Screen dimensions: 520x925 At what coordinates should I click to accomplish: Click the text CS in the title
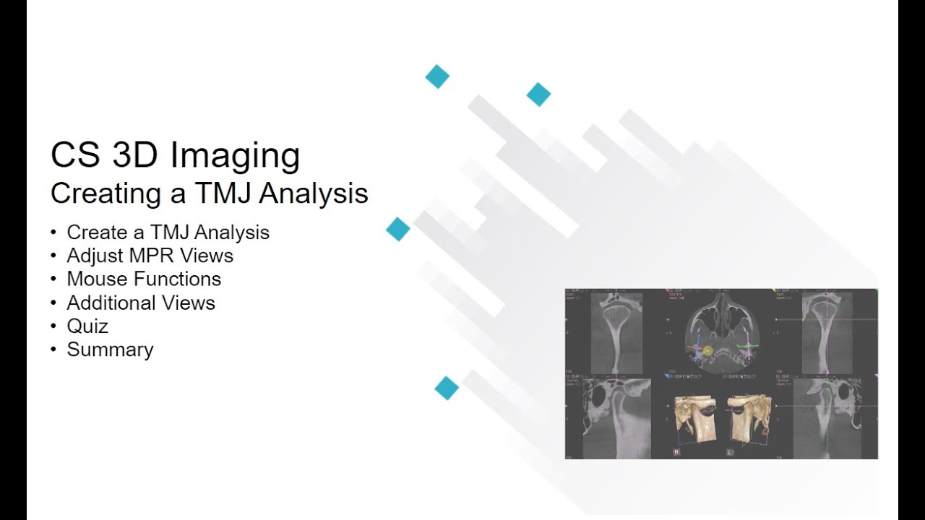[x=75, y=155]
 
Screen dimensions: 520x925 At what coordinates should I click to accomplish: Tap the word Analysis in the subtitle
[x=314, y=194]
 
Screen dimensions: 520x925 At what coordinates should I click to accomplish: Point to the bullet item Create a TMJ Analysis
[x=168, y=233]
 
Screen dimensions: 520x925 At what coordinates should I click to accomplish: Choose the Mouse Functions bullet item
[x=144, y=279]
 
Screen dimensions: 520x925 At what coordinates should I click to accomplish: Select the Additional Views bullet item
[x=141, y=303]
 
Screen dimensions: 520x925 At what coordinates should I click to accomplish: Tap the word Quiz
[x=87, y=326]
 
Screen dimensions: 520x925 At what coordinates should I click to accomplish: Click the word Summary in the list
[x=110, y=350]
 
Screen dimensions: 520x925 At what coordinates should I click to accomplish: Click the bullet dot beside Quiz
[x=53, y=326]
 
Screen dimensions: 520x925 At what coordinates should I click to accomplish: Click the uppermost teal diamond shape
[x=437, y=77]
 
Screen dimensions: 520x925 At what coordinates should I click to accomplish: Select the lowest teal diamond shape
[x=447, y=388]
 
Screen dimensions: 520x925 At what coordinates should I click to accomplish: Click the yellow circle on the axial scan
[x=707, y=351]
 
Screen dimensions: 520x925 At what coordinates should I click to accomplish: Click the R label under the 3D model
[x=676, y=452]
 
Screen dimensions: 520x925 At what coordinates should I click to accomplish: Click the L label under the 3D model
[x=730, y=452]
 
